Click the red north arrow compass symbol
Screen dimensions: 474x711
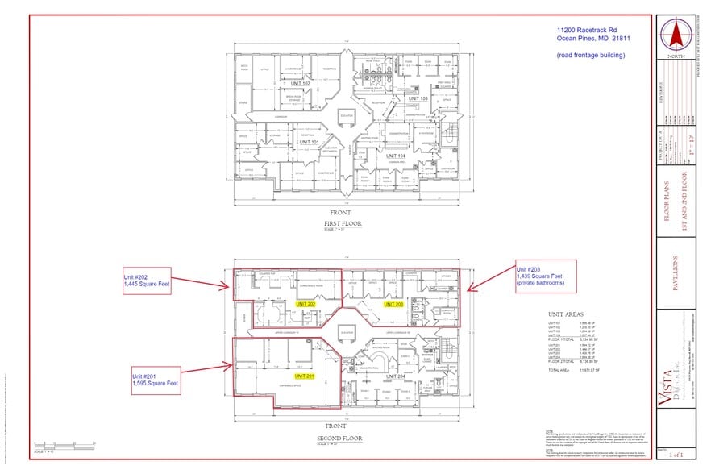676,36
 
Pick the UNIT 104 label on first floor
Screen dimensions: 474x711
396,155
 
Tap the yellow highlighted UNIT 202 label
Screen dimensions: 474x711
306,304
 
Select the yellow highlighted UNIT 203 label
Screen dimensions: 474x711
393,304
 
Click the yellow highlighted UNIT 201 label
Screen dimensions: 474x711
306,376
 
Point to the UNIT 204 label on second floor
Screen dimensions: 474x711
396,376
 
